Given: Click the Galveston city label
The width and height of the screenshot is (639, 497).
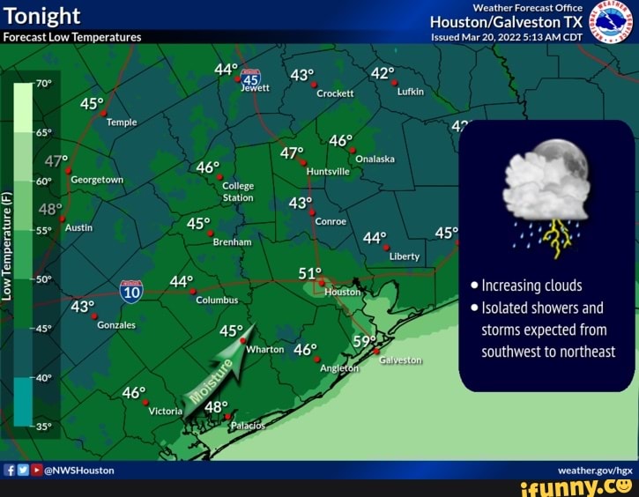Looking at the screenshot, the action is tap(401, 360).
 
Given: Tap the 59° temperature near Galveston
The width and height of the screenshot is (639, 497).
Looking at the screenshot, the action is tap(364, 340).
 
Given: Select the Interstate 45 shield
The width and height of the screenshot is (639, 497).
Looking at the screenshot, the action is tap(251, 76).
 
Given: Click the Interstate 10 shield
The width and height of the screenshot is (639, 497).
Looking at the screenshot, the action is tap(130, 292).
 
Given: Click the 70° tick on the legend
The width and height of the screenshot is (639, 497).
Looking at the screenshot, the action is tap(44, 85).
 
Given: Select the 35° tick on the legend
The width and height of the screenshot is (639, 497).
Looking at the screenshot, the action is tap(44, 426).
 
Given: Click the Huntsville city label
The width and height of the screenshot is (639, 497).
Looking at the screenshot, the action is tap(329, 172).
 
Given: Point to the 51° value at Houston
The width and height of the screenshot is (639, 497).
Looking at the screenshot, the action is tap(310, 273).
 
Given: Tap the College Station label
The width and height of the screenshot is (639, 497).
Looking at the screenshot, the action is tap(238, 192).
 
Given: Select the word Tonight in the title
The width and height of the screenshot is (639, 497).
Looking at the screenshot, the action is tap(42, 16).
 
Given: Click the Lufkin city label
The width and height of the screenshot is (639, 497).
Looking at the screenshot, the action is tap(411, 91).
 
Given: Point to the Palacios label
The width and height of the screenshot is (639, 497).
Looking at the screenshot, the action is tap(247, 426).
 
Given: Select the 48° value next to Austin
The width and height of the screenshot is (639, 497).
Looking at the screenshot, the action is tap(50, 211).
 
